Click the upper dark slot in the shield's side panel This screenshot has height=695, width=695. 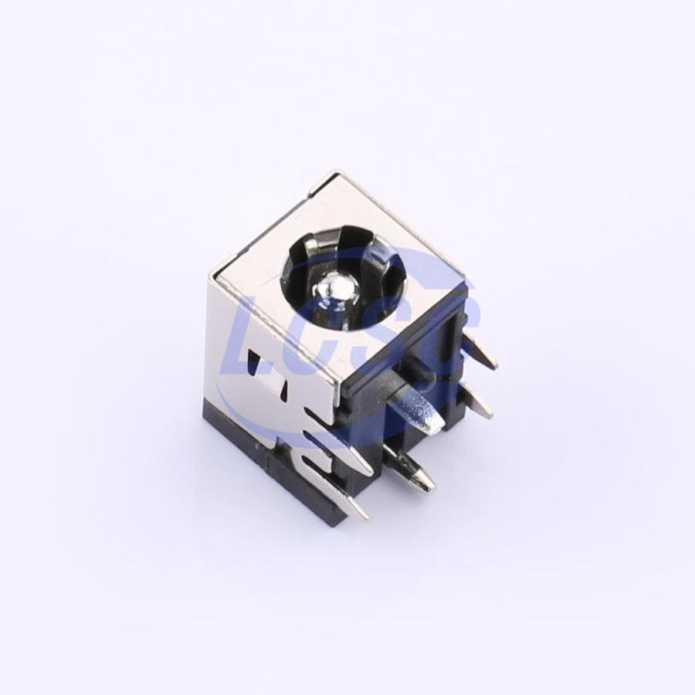[x=253, y=359]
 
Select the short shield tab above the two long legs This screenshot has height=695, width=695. [x=319, y=415]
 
